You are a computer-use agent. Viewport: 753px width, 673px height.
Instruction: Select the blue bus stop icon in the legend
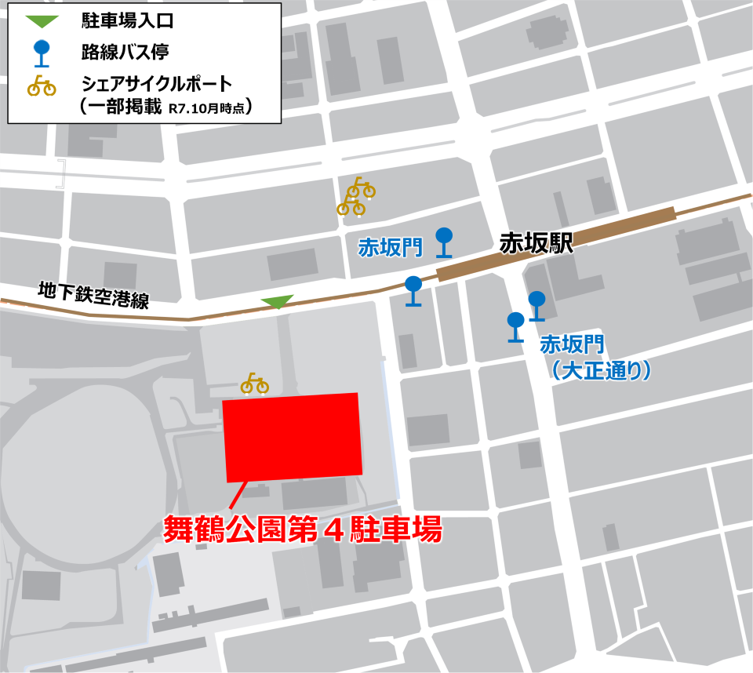42,52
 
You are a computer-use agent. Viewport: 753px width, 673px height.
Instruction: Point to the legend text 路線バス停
125,53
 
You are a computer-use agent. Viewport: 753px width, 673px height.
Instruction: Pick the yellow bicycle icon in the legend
42,84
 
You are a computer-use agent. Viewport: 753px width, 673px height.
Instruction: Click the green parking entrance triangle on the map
277,301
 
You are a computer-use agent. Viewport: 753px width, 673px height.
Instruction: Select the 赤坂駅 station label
537,244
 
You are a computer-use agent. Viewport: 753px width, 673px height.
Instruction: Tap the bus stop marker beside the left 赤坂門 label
444,242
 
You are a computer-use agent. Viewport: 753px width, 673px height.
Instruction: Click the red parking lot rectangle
293,437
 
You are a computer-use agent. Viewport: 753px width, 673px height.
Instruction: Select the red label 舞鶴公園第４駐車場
303,529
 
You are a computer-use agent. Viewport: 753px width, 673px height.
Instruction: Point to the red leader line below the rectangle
236,495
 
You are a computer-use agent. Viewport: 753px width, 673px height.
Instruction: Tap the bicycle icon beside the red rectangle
254,384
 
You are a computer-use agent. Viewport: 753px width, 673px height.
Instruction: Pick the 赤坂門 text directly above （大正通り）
573,344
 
